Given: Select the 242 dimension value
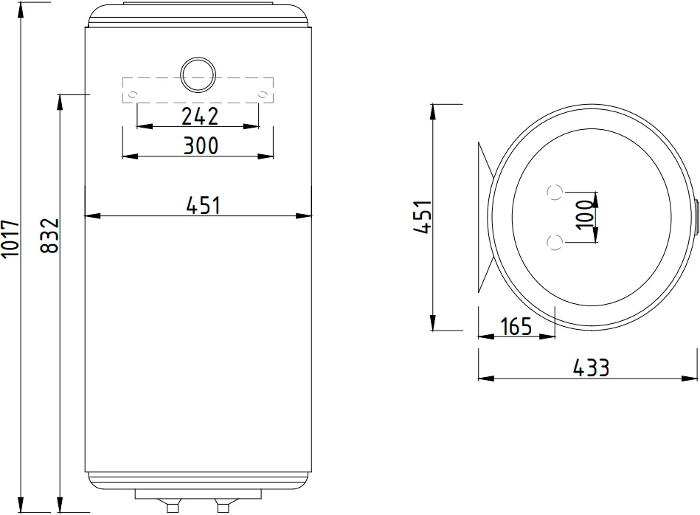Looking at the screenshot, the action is (x=200, y=116).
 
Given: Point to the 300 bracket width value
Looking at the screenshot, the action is (x=201, y=145).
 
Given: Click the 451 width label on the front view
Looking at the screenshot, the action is (x=203, y=205).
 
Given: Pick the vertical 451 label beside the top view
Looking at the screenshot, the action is (x=423, y=217).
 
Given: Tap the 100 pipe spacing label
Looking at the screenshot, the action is (x=583, y=215).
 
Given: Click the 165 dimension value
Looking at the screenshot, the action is (x=516, y=326).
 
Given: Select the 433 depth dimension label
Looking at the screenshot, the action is (x=591, y=367).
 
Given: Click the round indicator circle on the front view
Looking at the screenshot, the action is (x=198, y=75).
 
